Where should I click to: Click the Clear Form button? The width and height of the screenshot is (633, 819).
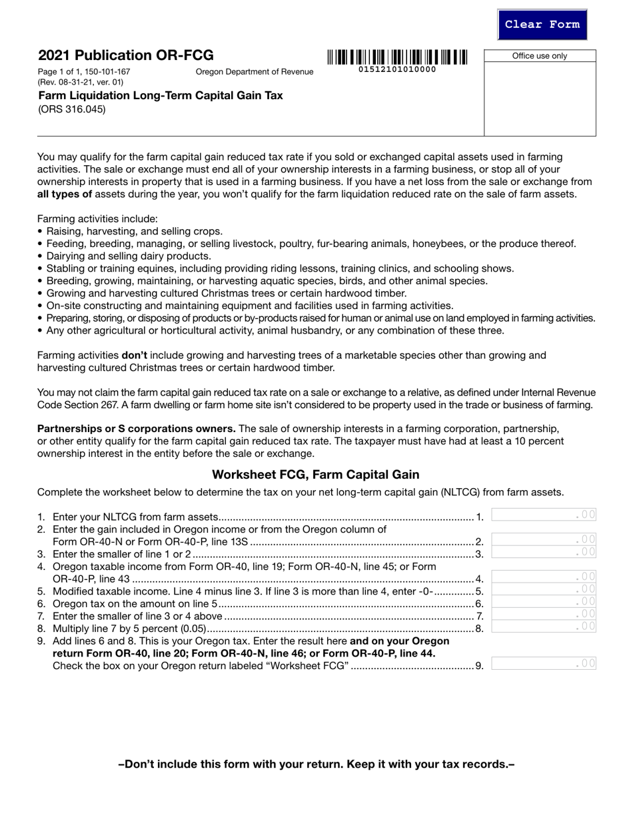[542, 25]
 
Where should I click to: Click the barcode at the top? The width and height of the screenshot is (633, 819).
[397, 57]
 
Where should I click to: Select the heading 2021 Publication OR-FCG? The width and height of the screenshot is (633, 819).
[126, 55]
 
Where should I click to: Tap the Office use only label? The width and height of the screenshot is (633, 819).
[540, 56]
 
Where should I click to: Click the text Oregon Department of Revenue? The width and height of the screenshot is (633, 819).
[254, 72]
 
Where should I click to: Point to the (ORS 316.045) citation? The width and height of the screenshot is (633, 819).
[71, 109]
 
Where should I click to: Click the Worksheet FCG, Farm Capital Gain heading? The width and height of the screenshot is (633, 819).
[316, 475]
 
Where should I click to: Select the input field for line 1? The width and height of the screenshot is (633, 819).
[543, 515]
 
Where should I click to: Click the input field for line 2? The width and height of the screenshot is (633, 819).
[543, 539]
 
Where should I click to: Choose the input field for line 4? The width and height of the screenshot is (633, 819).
[543, 577]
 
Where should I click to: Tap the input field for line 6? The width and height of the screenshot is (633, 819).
[543, 602]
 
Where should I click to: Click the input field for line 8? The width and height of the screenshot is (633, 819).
[543, 626]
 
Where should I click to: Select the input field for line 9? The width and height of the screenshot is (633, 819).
[543, 663]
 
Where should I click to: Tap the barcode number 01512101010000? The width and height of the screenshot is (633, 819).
[397, 69]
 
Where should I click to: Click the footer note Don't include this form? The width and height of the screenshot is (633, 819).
[316, 764]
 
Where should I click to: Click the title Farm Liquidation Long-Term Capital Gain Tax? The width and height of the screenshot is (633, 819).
[161, 96]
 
